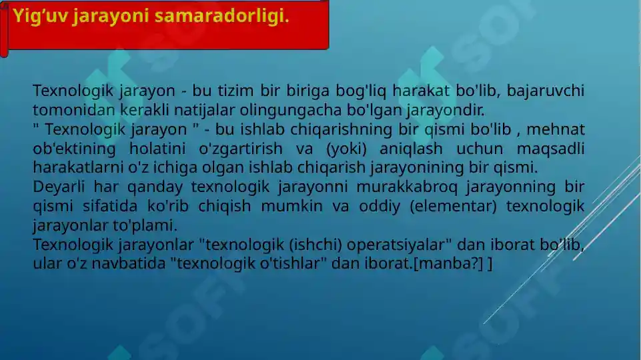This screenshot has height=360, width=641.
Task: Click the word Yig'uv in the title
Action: tap(39, 16)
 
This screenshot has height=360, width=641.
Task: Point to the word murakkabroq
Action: tap(390, 187)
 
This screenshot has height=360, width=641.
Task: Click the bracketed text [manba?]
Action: tap(450, 263)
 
